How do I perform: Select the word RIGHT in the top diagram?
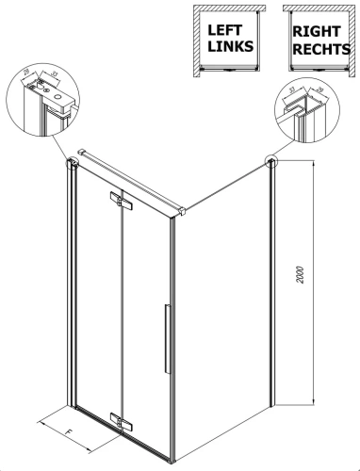(x=317, y=30)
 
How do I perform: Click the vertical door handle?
(x=164, y=339)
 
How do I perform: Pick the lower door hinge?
(x=119, y=417)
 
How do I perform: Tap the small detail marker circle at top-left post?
(x=70, y=163)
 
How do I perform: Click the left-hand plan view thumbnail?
(x=226, y=41)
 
